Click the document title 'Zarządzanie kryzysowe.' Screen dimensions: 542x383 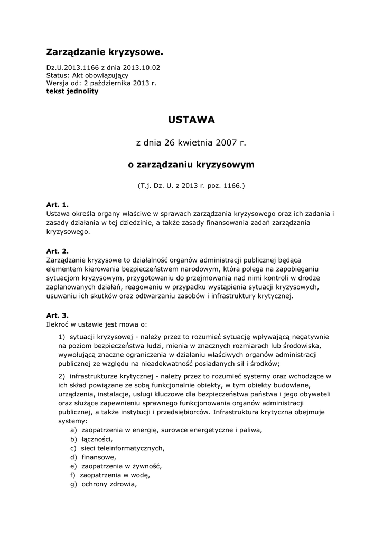click(x=105, y=52)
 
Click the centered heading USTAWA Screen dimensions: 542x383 click(x=191, y=120)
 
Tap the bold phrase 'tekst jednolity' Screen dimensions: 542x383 click(x=72, y=91)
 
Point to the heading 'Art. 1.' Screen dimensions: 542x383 click(x=58, y=204)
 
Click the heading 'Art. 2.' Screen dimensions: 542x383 click(x=58, y=251)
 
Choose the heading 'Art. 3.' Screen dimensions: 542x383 click(x=58, y=314)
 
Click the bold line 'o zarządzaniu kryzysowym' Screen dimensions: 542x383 click(x=191, y=165)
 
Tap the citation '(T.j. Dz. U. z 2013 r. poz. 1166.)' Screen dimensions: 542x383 click(x=191, y=186)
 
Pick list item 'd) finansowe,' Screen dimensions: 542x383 click(x=93, y=457)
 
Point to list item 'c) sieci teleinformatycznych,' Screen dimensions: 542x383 click(x=117, y=448)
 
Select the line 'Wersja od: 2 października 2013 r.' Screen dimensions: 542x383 click(x=101, y=83)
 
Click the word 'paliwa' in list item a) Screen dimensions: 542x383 click(x=249, y=430)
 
